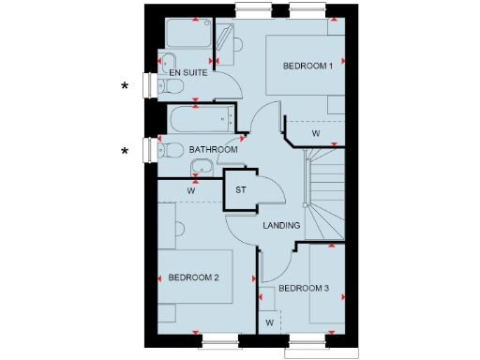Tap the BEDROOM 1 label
(x=308, y=66)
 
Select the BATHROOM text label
(x=213, y=149)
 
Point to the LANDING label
(x=281, y=225)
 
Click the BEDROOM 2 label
(x=193, y=277)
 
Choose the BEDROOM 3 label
(x=303, y=287)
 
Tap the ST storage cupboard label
(x=240, y=191)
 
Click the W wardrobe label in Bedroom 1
(x=316, y=134)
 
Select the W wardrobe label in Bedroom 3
(x=269, y=322)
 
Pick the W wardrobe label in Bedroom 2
(x=190, y=191)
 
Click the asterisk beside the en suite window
(x=124, y=86)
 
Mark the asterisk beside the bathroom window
(x=124, y=151)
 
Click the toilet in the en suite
(x=170, y=86)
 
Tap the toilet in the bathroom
(x=170, y=150)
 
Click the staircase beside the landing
(x=322, y=197)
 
